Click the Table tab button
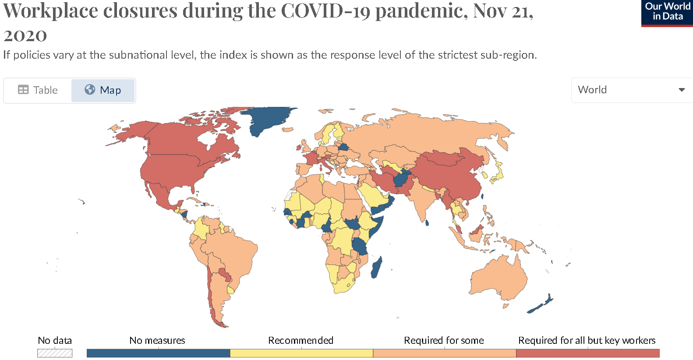click(x=38, y=90)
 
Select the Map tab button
click(x=103, y=90)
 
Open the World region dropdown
click(x=631, y=90)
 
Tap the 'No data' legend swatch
click(x=55, y=353)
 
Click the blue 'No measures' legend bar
click(x=158, y=353)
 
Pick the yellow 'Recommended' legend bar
click(x=301, y=353)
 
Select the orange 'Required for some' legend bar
click(x=444, y=353)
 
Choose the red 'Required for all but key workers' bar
click(x=587, y=353)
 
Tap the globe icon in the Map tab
click(x=90, y=90)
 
